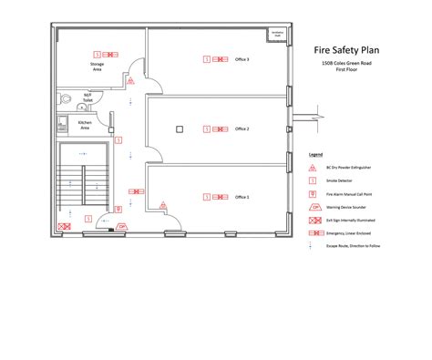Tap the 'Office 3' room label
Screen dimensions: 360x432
tap(242, 59)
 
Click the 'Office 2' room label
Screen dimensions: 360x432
tap(242, 129)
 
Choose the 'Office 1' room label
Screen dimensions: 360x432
tap(242, 197)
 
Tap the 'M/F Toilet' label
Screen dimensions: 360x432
tap(87, 98)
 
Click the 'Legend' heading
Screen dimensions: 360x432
tap(316, 156)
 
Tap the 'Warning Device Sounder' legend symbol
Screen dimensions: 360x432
tap(315, 209)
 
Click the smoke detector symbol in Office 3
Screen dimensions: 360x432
tap(206, 59)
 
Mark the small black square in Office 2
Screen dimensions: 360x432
tap(180, 129)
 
